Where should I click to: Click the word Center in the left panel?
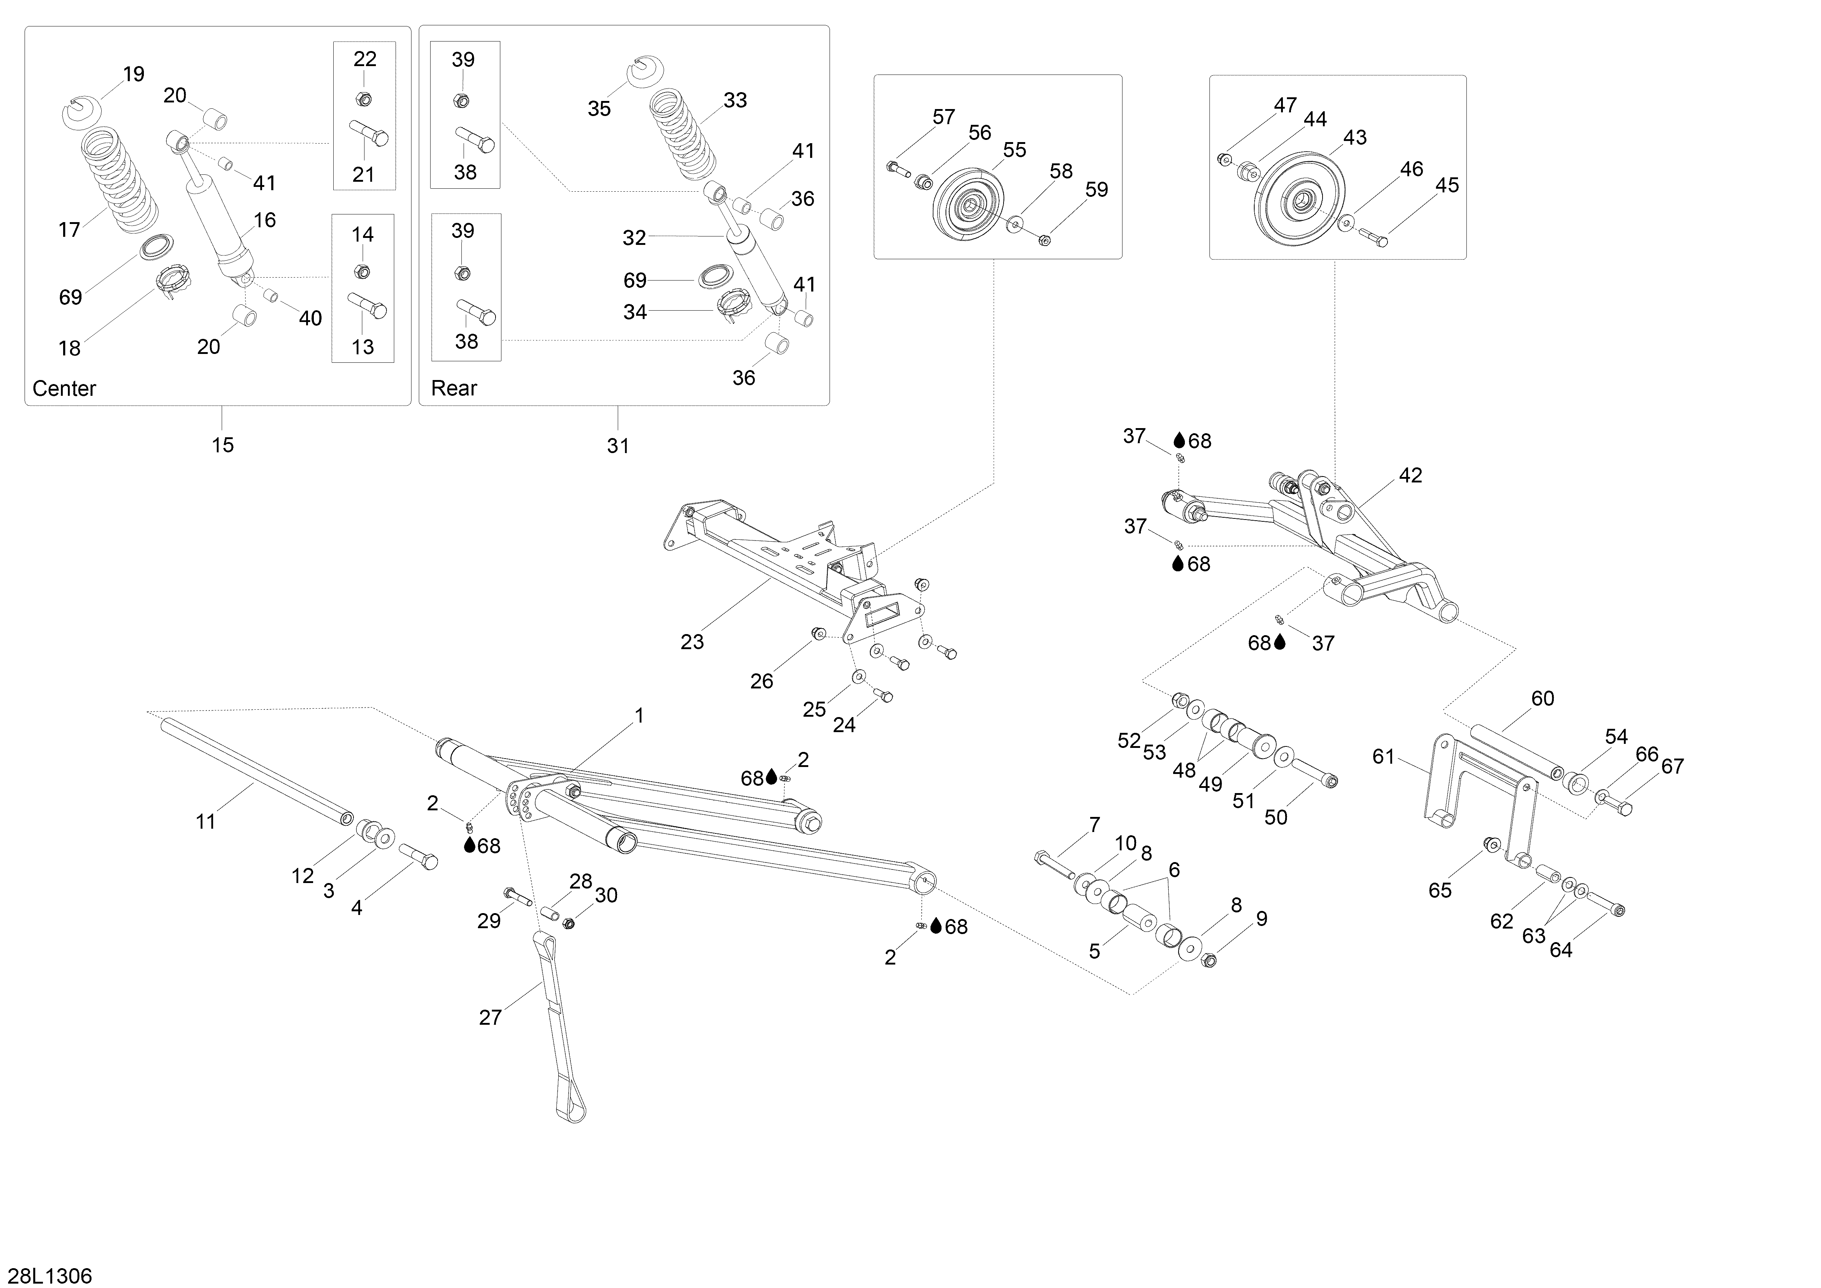click(64, 388)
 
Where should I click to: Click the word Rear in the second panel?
click(454, 388)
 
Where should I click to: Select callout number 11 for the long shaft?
click(206, 822)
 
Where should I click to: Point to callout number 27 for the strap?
click(490, 1017)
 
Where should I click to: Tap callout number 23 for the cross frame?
click(692, 642)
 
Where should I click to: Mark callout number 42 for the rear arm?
click(1410, 476)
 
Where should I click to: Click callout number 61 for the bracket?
click(1383, 757)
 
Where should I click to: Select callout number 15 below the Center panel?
click(223, 445)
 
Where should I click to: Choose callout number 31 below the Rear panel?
click(618, 446)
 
